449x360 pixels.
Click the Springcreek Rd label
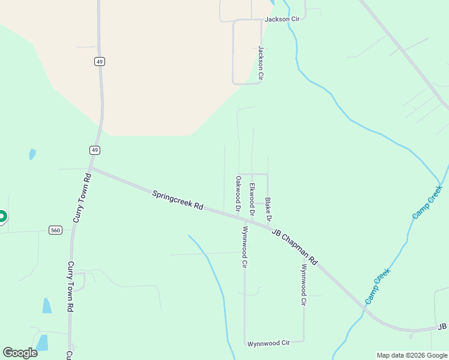[x=178, y=200]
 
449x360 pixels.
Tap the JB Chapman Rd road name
[x=294, y=247]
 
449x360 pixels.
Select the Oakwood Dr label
[x=238, y=194]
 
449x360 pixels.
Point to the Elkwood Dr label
[x=253, y=199]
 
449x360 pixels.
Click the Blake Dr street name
[x=268, y=210]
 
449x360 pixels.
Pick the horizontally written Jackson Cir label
[x=282, y=19]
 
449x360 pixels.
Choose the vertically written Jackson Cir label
[x=261, y=63]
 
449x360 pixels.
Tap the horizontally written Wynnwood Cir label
[x=268, y=343]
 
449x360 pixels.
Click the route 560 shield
[x=56, y=230]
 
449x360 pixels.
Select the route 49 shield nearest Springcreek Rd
[x=95, y=149]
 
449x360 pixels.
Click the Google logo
[x=20, y=353]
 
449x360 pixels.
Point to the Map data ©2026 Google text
[x=412, y=355]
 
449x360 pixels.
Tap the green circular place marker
[x=2, y=216]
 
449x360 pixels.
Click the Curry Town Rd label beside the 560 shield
[x=80, y=199]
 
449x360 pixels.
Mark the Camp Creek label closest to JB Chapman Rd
[x=378, y=285]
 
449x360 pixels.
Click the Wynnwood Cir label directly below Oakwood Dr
[x=244, y=247]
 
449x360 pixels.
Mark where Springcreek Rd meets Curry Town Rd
[x=92, y=169]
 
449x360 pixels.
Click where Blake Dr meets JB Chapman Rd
[x=268, y=225]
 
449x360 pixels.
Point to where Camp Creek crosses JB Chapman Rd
[x=364, y=310]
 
